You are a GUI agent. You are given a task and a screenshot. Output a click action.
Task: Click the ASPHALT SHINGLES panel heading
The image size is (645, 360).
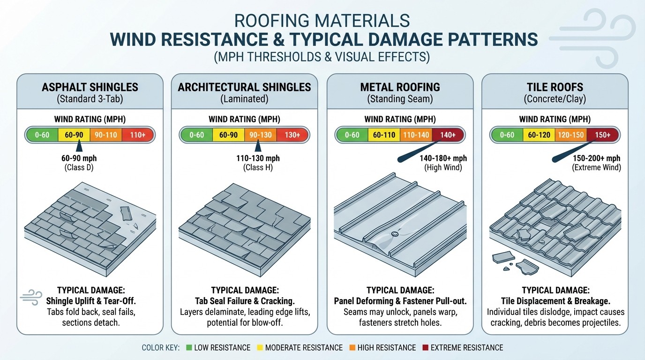(x=90, y=87)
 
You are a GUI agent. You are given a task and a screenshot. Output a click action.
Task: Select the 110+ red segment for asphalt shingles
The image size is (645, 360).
(x=137, y=135)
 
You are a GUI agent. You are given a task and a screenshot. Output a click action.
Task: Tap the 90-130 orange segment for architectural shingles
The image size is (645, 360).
(x=260, y=135)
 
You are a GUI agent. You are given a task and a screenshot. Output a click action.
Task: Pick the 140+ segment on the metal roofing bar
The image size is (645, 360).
(x=447, y=135)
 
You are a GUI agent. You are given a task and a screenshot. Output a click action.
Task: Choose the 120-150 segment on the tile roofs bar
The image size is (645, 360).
(x=570, y=135)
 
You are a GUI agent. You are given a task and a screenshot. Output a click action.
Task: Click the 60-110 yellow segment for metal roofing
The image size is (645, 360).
(x=383, y=135)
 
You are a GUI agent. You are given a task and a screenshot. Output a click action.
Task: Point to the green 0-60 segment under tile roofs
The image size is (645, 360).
(x=507, y=135)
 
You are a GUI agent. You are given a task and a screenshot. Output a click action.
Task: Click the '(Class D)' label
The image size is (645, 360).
(x=79, y=167)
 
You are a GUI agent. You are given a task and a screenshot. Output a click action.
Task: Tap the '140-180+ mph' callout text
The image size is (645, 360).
(x=443, y=158)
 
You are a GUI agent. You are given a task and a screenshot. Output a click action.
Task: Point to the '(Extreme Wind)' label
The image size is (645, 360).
(x=596, y=167)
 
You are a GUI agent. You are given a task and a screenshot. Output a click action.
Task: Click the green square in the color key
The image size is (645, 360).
(x=189, y=348)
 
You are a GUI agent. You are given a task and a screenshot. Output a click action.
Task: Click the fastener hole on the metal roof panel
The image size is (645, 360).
(x=394, y=233)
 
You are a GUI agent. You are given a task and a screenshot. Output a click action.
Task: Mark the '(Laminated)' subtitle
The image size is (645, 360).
(x=244, y=99)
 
